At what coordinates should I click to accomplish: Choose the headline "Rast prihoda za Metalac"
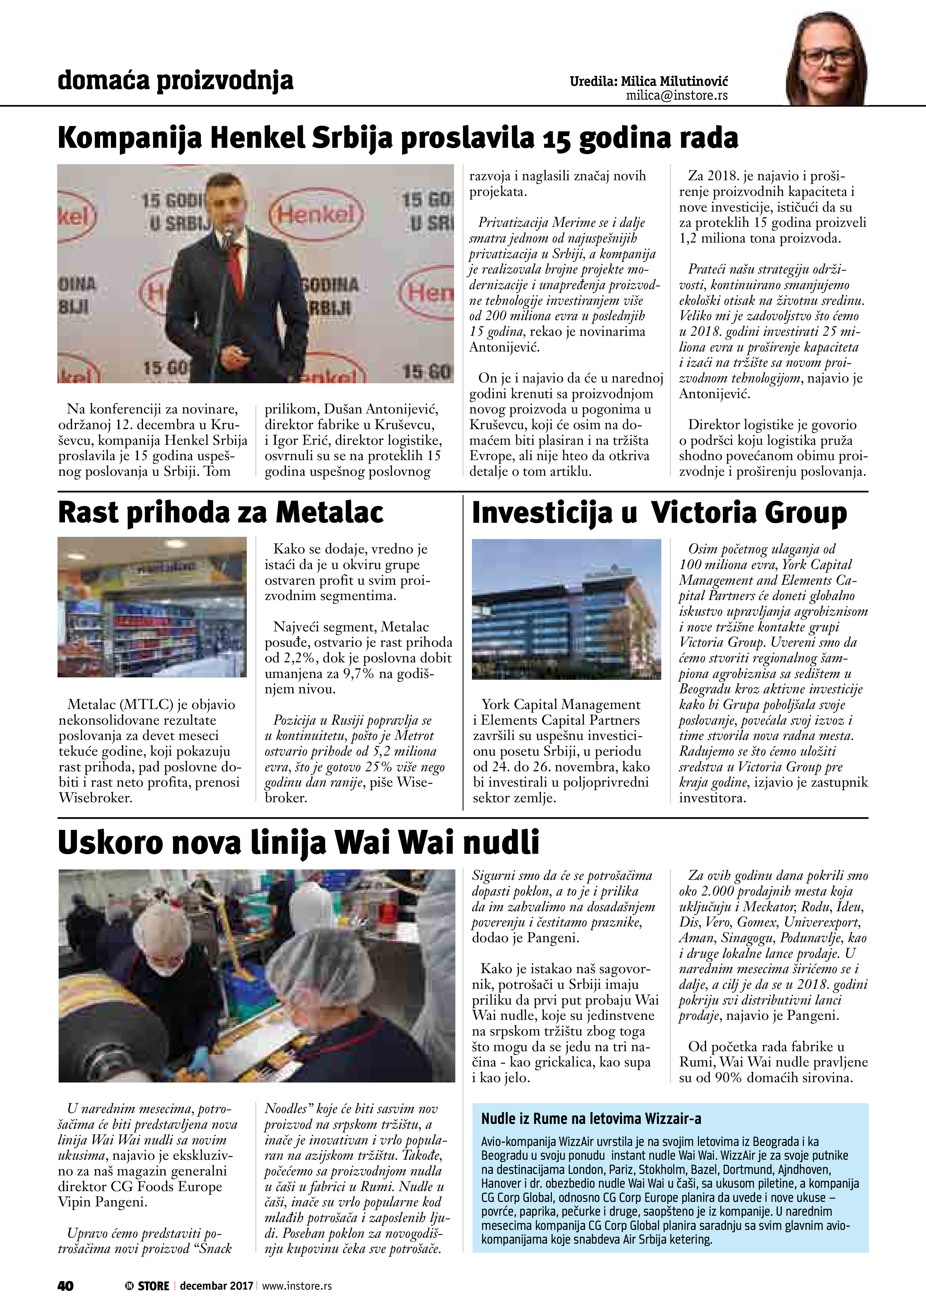(220, 512)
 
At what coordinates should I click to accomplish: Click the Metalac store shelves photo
(152, 607)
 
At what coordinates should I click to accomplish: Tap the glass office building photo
(566, 609)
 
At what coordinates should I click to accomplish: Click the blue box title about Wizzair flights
(591, 1119)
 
